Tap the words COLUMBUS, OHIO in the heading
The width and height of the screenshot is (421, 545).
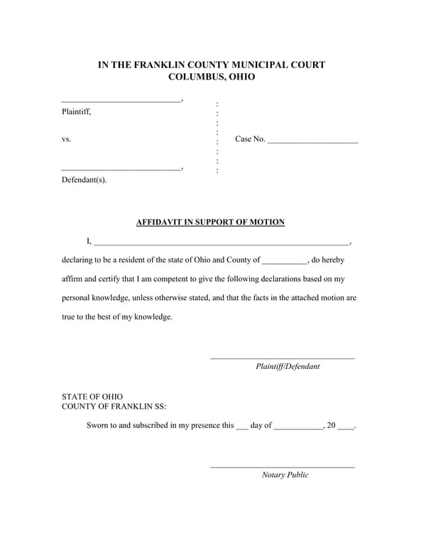click(211, 77)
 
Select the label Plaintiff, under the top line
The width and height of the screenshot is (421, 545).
click(76, 111)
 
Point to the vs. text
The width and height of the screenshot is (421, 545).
click(66, 140)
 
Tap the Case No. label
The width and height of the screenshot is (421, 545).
click(250, 139)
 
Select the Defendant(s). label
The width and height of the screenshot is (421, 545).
click(84, 180)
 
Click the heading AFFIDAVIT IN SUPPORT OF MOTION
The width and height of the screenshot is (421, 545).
click(210, 222)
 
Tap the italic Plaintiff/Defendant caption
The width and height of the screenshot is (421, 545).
click(288, 367)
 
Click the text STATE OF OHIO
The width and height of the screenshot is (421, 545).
click(92, 397)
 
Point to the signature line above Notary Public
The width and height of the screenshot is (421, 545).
click(282, 467)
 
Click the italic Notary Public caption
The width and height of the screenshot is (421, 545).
click(285, 475)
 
